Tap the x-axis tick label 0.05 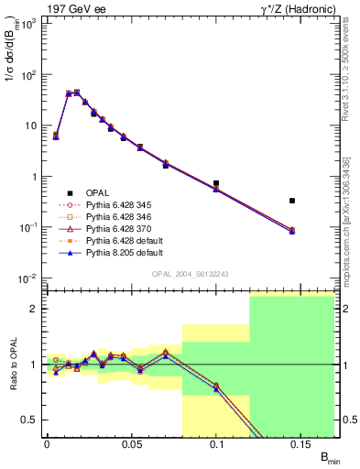pos(131,443)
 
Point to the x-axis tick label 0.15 pos(301,443)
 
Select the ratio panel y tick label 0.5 pos(29,420)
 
